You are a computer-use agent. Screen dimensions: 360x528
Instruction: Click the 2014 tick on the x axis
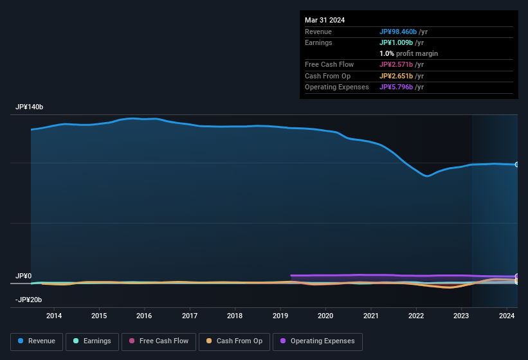pyautogui.click(x=54, y=316)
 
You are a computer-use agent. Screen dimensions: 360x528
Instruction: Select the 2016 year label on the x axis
pyautogui.click(x=144, y=316)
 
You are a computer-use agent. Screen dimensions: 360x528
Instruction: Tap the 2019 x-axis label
pyautogui.click(x=280, y=316)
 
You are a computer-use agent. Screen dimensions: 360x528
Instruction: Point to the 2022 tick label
pyautogui.click(x=416, y=316)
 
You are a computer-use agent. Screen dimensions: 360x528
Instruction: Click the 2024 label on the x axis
pyautogui.click(x=507, y=316)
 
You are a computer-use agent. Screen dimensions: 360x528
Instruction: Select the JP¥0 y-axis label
pyautogui.click(x=24, y=276)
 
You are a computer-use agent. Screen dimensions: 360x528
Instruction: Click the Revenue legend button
pyautogui.click(x=37, y=341)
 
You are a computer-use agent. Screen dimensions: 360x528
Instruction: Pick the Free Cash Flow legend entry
pyautogui.click(x=159, y=341)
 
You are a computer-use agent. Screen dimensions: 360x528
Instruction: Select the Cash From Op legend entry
pyautogui.click(x=234, y=341)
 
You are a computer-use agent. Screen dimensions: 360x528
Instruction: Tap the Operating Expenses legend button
pyautogui.click(x=318, y=341)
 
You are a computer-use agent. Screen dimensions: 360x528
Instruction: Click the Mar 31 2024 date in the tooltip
pyautogui.click(x=325, y=20)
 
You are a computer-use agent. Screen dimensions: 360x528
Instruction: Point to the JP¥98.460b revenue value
pyautogui.click(x=403, y=32)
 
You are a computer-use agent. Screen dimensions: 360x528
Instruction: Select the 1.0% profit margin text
pyautogui.click(x=408, y=53)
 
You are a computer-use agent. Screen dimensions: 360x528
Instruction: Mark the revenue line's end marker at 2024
pyautogui.click(x=516, y=165)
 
